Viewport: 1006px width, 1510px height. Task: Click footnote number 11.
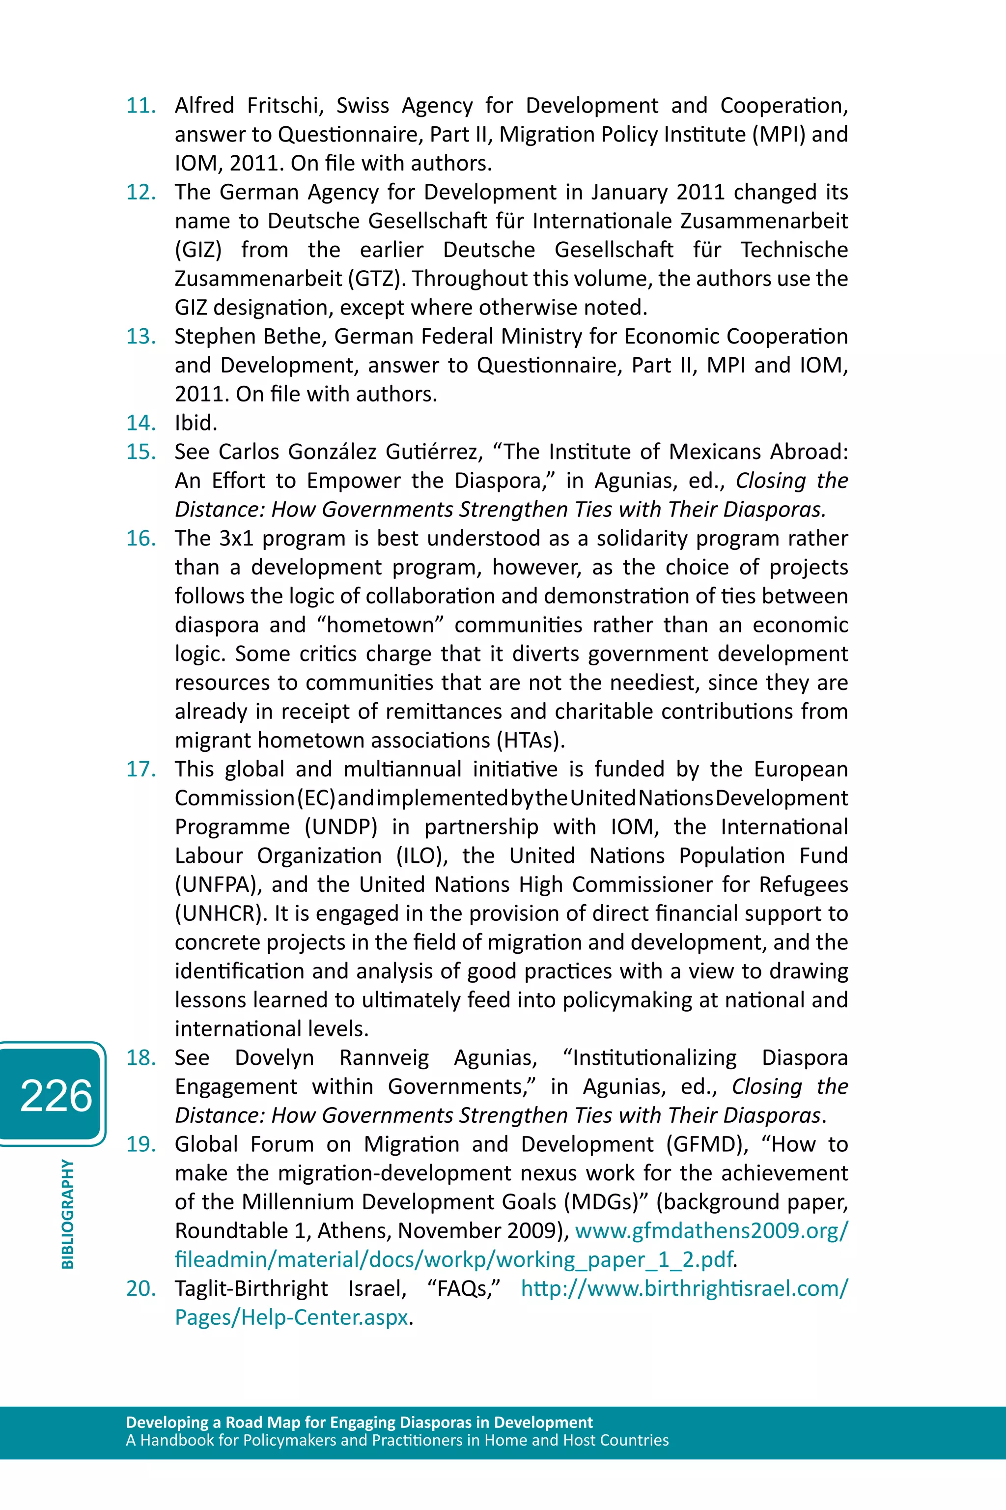[x=141, y=105]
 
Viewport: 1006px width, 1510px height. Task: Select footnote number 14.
[x=141, y=423]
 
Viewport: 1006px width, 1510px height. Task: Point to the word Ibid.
[x=196, y=423]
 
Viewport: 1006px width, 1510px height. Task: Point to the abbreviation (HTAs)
[x=531, y=741]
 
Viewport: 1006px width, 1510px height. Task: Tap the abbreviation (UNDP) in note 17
[x=341, y=827]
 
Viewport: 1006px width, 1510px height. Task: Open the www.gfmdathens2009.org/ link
[x=711, y=1231]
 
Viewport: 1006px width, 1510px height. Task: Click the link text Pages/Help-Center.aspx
[x=291, y=1317]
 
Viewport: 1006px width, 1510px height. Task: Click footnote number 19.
[x=141, y=1144]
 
